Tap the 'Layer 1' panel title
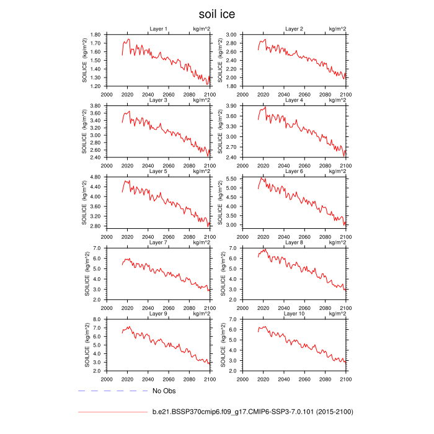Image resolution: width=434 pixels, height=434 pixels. (x=159, y=29)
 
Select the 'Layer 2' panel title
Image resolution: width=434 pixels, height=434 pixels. (x=294, y=29)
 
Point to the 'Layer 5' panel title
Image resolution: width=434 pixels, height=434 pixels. (x=159, y=170)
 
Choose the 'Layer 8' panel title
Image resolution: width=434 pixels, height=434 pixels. (x=294, y=242)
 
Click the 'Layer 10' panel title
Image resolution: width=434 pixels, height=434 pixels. (x=294, y=313)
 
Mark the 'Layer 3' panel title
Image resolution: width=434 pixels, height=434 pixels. (x=159, y=100)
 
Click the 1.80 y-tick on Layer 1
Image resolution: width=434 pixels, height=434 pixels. (x=95, y=35)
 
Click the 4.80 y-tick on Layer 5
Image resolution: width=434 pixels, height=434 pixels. (x=95, y=177)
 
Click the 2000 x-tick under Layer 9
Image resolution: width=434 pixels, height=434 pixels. (x=106, y=378)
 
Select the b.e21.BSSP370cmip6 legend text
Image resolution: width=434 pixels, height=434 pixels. (x=253, y=411)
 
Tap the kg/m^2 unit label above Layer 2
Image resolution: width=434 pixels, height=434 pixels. (x=337, y=29)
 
